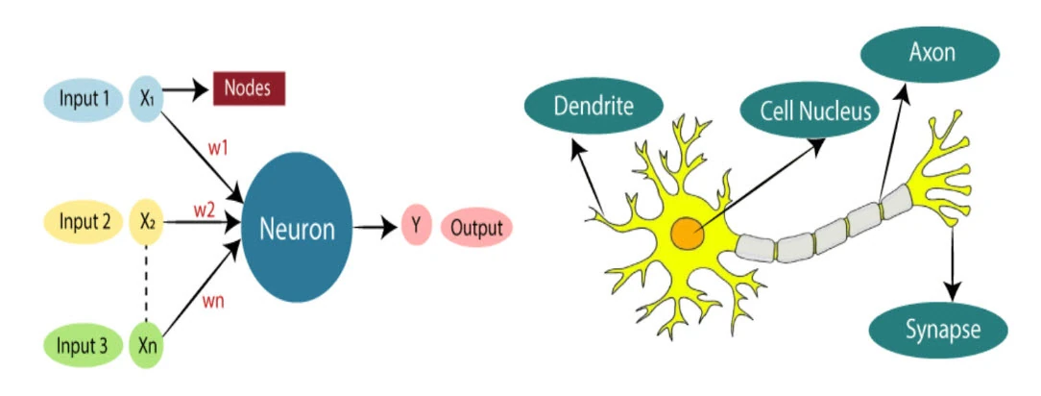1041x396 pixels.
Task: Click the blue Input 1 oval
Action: click(84, 99)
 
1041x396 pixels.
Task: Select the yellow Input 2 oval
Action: click(84, 221)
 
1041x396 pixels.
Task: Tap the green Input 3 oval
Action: click(84, 346)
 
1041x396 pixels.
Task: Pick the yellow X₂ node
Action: click(147, 222)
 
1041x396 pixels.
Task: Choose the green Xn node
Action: click(146, 346)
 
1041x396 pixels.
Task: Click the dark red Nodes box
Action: click(249, 88)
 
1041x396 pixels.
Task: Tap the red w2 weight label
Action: click(204, 210)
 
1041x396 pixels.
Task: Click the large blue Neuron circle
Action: click(297, 227)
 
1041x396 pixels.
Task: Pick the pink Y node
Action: click(415, 227)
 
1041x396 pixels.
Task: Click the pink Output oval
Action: click(476, 227)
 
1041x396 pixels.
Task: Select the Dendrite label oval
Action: click(593, 107)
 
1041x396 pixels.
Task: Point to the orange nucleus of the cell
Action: click(687, 235)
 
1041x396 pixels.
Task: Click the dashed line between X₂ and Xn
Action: click(146, 284)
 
